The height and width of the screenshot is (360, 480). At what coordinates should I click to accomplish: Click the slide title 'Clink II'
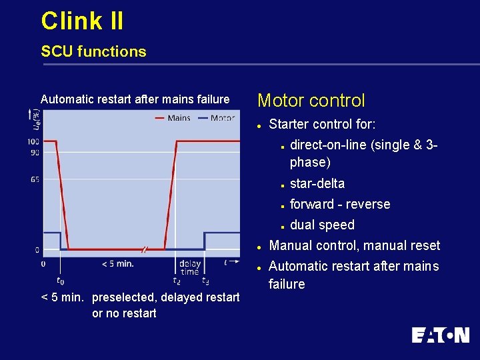click(x=82, y=21)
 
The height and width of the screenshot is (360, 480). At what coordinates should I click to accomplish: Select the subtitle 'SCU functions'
click(x=93, y=51)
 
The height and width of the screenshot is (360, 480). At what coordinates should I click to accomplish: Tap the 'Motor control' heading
click(x=311, y=101)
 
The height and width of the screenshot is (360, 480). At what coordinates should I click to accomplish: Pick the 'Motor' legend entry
click(x=222, y=118)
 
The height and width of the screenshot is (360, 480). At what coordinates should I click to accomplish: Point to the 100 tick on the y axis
click(x=33, y=141)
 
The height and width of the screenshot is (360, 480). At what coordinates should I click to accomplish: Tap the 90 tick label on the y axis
click(x=34, y=152)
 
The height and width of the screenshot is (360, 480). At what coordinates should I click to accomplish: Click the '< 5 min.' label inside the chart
click(x=118, y=263)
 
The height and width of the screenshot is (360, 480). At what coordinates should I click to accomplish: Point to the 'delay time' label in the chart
click(x=190, y=267)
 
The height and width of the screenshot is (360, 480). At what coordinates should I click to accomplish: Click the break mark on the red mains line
click(x=144, y=250)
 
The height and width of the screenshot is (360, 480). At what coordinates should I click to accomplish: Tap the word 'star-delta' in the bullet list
click(x=317, y=183)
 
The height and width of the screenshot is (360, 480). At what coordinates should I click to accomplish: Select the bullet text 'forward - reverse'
click(x=340, y=204)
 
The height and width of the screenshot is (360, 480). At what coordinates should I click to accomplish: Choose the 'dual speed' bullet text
click(x=322, y=225)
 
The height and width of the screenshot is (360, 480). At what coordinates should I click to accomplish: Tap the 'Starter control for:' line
click(x=322, y=124)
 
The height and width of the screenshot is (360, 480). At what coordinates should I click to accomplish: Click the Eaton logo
click(x=440, y=335)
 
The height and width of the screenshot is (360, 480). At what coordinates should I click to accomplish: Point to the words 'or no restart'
click(x=124, y=313)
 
